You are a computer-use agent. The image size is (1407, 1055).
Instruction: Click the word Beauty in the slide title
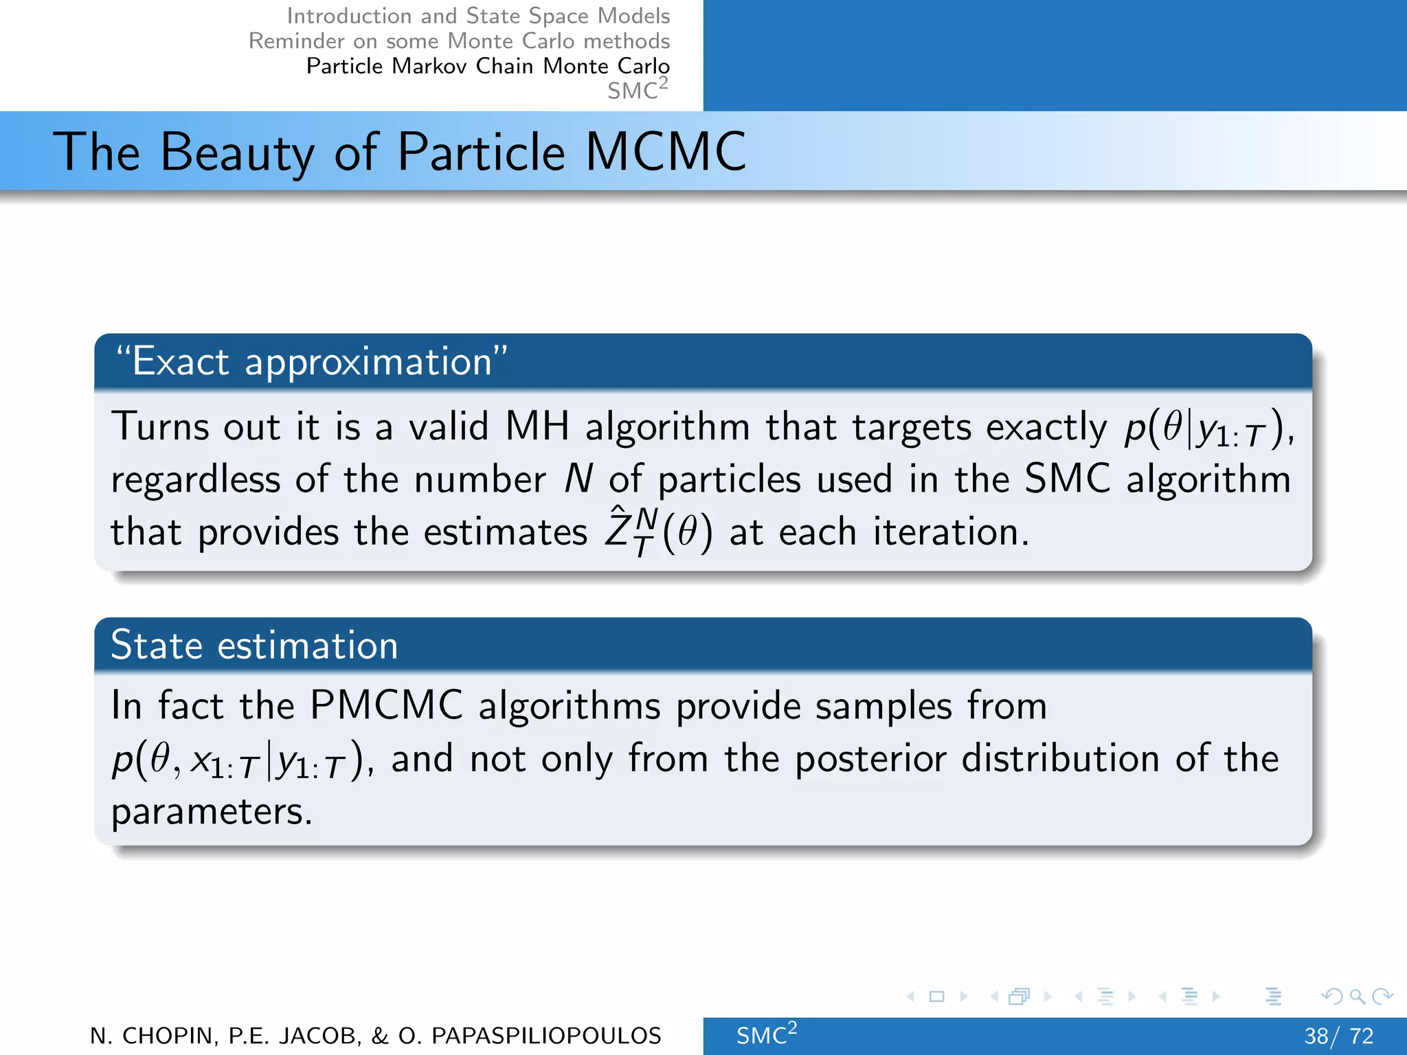click(236, 152)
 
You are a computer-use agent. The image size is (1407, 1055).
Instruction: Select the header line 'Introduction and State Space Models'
click(478, 16)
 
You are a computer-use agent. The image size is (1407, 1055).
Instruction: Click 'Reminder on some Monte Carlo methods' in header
click(459, 41)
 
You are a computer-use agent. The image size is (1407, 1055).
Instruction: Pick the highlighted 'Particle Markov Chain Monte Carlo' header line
click(488, 66)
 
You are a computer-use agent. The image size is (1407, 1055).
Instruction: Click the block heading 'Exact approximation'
click(312, 361)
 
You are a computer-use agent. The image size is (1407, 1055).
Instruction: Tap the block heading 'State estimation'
click(254, 646)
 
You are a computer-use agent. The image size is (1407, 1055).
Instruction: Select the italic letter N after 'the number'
click(578, 479)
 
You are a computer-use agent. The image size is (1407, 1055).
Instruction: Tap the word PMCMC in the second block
click(386, 705)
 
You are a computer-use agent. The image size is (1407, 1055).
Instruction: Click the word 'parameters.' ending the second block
click(212, 812)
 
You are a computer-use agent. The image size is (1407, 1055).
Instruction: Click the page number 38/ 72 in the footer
click(1338, 1036)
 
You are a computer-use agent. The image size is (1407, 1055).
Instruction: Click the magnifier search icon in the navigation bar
click(1357, 996)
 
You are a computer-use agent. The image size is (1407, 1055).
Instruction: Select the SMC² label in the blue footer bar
click(765, 1034)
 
